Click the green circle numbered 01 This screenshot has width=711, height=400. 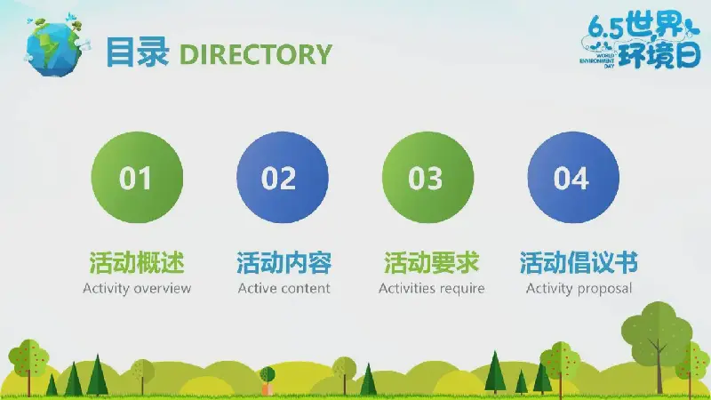137,177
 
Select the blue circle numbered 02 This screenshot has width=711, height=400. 282,177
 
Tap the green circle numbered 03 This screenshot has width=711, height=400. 427,177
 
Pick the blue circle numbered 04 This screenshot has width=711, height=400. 573,177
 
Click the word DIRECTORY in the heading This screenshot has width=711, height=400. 256,54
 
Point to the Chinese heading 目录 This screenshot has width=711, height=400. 137,52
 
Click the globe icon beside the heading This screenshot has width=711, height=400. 56,45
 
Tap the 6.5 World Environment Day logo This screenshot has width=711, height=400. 640,42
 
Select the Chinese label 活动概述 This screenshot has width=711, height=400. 137,262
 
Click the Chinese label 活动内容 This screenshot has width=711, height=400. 284,262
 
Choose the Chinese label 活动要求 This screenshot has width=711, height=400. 431,262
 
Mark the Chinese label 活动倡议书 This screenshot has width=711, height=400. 579,262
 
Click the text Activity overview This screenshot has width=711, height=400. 137,288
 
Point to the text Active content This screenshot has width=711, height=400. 284,288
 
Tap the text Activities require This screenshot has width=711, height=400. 431,288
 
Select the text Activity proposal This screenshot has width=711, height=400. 579,288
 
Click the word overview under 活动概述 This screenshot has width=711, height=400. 163,289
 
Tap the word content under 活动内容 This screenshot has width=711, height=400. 306,289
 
